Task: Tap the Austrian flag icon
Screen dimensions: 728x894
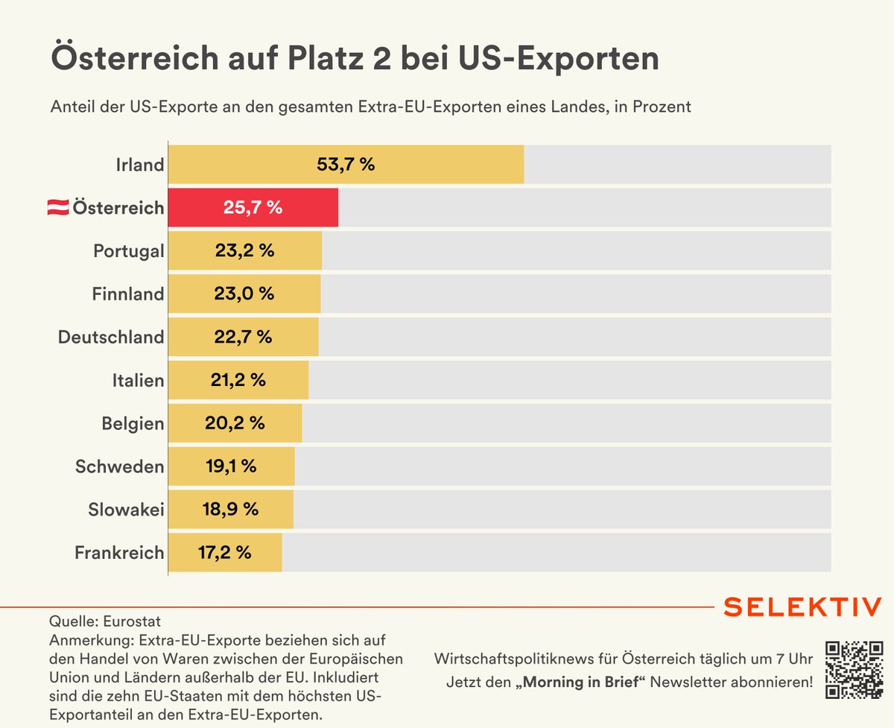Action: coord(57,208)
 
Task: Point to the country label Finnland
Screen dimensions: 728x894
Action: coord(128,294)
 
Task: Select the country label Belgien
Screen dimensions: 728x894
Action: coord(133,423)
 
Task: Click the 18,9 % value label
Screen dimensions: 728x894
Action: coord(230,510)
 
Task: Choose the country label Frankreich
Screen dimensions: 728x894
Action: coord(119,553)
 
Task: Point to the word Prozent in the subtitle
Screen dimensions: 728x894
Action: coord(664,107)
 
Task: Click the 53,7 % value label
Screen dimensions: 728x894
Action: coord(346,164)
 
